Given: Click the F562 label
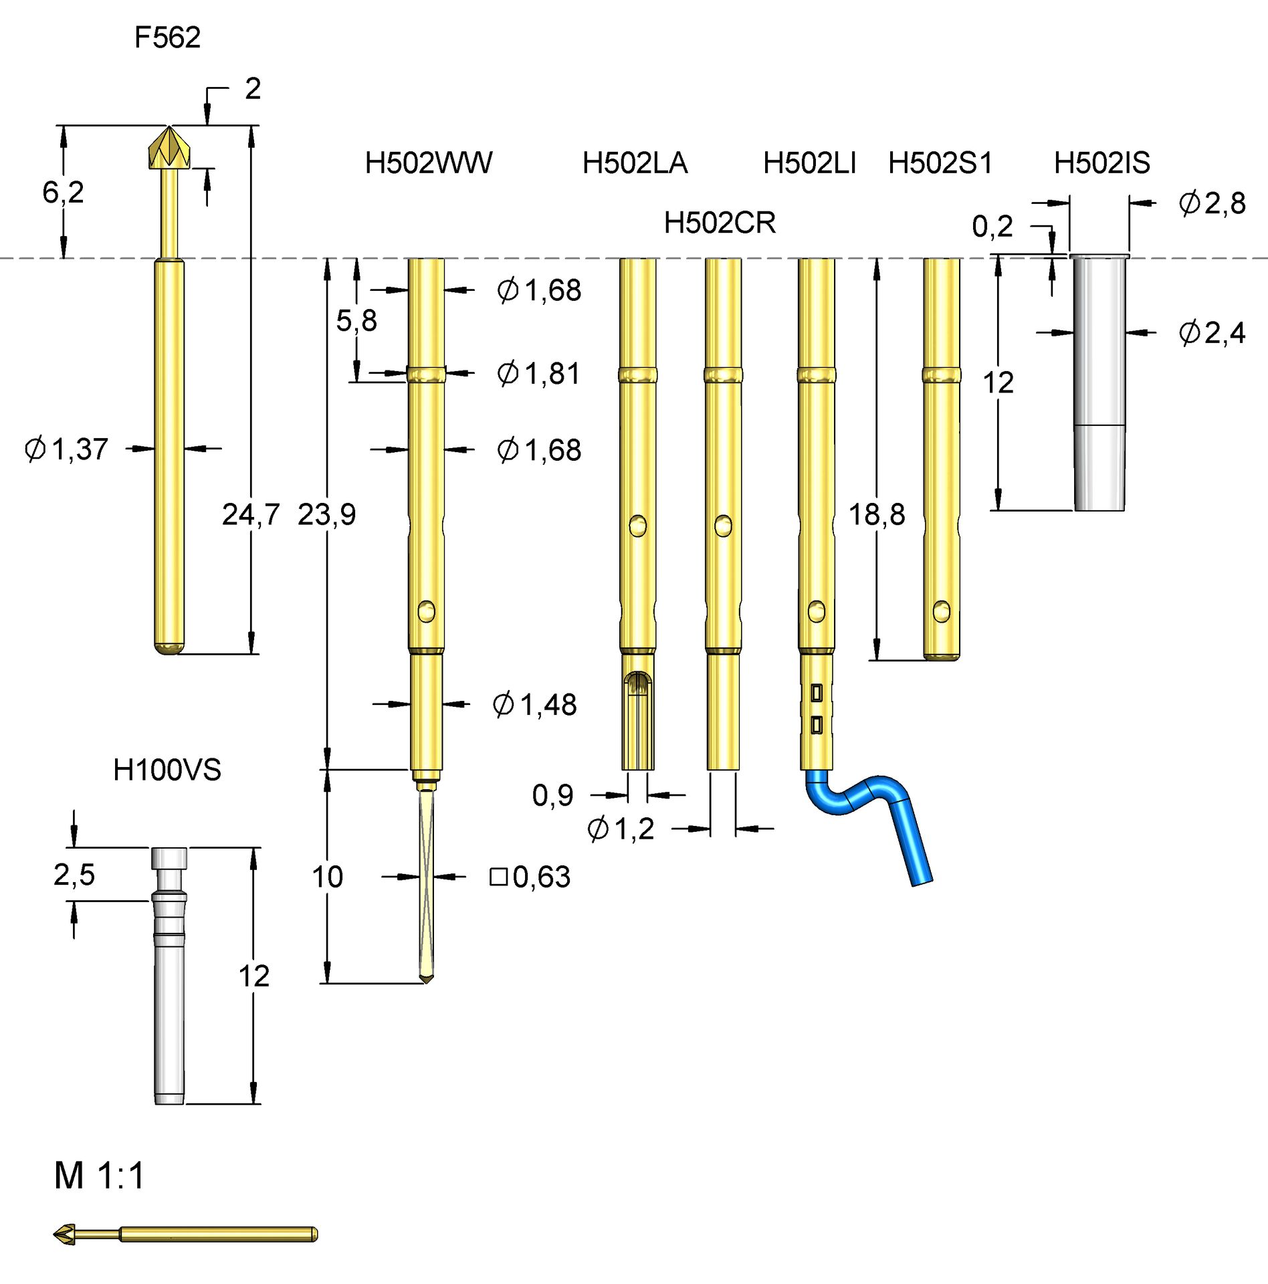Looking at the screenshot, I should (x=167, y=37).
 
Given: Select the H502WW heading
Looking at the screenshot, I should (x=428, y=163).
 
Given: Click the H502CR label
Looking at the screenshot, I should (x=720, y=223).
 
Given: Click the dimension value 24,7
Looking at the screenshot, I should (x=250, y=514).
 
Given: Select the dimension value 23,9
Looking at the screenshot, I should (x=326, y=514).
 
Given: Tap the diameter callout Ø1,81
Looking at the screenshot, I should (x=538, y=373).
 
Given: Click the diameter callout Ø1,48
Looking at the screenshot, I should (x=534, y=705).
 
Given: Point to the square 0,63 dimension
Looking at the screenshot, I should (x=530, y=877).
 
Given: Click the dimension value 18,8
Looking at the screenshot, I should (x=876, y=514).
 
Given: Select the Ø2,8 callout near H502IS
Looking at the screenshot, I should (x=1211, y=203).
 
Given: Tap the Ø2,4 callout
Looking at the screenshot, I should (x=1211, y=332).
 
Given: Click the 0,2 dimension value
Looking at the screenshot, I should (x=992, y=227).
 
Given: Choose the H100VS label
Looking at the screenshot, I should (x=167, y=770).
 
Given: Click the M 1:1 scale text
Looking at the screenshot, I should (x=99, y=1175).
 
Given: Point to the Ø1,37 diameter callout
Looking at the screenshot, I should (x=66, y=449).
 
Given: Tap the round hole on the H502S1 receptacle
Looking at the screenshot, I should (x=941, y=611).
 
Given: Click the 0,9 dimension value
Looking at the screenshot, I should (x=552, y=795).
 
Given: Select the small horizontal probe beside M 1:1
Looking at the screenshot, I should (x=187, y=1234).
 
